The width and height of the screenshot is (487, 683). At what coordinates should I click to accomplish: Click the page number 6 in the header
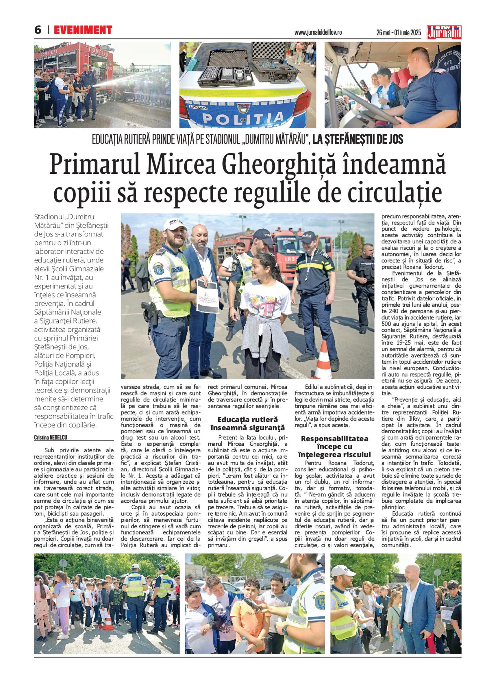pyautogui.click(x=38, y=30)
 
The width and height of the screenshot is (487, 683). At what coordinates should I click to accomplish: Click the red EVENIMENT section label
pyautogui.click(x=83, y=30)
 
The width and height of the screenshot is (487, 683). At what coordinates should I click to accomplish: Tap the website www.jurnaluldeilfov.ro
pyautogui.click(x=318, y=32)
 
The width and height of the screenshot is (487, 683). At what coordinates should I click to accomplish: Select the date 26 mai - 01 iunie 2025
pyautogui.click(x=399, y=33)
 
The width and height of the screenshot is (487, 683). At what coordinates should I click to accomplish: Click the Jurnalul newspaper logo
pyautogui.click(x=444, y=32)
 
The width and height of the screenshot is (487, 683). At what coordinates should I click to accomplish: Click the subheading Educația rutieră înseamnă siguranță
pyautogui.click(x=247, y=424)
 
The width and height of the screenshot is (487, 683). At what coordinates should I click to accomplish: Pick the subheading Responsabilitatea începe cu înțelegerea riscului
pyautogui.click(x=334, y=447)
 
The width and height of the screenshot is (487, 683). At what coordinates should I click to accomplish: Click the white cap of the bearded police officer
pyautogui.click(x=174, y=224)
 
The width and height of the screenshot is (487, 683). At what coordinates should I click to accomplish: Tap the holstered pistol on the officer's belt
pyautogui.click(x=149, y=312)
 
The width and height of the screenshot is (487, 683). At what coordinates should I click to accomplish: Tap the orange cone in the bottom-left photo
pyautogui.click(x=108, y=620)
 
